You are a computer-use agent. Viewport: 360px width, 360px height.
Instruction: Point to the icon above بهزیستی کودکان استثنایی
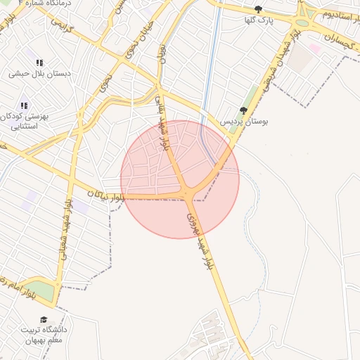point(25,105)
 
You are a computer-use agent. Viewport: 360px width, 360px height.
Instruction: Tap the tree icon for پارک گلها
point(258,10)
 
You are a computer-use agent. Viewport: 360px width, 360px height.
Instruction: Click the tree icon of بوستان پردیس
point(243,110)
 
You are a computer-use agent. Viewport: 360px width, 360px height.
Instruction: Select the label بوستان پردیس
point(245,121)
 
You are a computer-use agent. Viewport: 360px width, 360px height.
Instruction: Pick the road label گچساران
point(337,42)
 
